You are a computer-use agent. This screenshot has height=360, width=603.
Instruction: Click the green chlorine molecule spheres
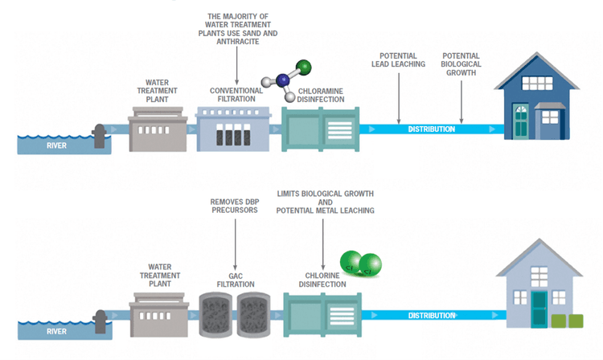(x=359, y=264)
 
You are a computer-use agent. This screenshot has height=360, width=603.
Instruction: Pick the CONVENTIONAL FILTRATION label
(x=237, y=94)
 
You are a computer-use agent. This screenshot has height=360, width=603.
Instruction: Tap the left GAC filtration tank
(x=215, y=313)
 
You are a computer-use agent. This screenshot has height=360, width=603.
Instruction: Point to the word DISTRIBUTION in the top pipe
(x=432, y=129)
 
